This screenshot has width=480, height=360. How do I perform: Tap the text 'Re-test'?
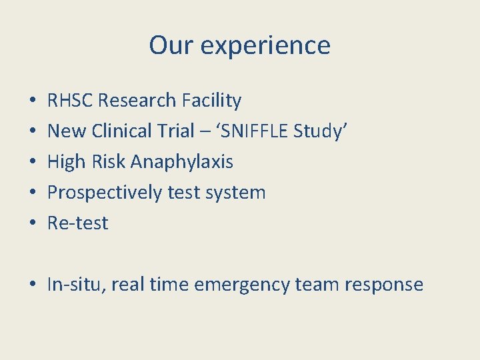click(77, 223)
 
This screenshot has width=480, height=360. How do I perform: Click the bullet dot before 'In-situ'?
click(33, 285)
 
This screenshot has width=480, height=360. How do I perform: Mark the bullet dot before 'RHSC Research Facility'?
click(33, 101)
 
